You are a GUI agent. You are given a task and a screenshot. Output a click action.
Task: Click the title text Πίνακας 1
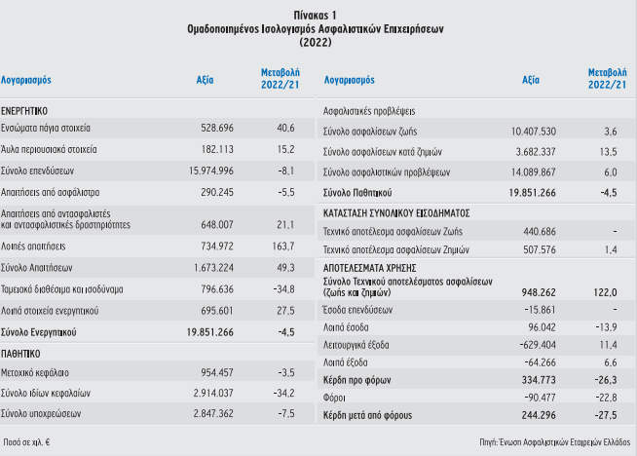(315, 16)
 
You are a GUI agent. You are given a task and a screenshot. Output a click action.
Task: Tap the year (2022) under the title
(316, 42)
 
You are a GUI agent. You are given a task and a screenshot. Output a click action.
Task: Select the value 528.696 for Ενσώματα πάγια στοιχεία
(217, 128)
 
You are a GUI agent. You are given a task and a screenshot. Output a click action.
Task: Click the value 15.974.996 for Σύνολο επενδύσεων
(211, 171)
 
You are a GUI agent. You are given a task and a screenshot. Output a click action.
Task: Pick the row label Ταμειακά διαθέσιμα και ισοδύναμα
(61, 289)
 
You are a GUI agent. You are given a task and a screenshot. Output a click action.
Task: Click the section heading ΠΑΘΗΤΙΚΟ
(20, 354)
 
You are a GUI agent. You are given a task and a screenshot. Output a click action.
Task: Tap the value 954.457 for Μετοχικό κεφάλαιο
(217, 372)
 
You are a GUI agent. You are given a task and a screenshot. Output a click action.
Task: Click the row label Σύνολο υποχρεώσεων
(41, 414)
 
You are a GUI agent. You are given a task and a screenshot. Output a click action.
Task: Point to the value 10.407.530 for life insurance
(534, 132)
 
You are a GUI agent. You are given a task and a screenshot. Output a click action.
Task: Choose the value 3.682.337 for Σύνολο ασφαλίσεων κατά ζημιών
(536, 152)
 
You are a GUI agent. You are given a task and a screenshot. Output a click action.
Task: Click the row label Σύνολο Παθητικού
(357, 193)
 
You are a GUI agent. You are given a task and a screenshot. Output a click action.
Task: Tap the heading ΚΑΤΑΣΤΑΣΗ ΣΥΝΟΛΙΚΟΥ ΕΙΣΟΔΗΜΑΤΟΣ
(396, 213)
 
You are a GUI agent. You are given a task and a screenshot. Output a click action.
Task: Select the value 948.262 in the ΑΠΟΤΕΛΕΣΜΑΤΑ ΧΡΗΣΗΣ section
(539, 292)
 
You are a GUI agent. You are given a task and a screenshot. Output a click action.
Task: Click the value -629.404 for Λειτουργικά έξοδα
(538, 345)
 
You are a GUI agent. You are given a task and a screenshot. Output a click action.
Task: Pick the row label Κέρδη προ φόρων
(356, 380)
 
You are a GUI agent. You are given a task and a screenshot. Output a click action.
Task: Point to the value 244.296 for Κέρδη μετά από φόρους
(539, 415)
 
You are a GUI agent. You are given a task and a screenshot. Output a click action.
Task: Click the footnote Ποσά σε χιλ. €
(26, 442)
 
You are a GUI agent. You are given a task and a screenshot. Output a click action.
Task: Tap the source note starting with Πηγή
(555, 442)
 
